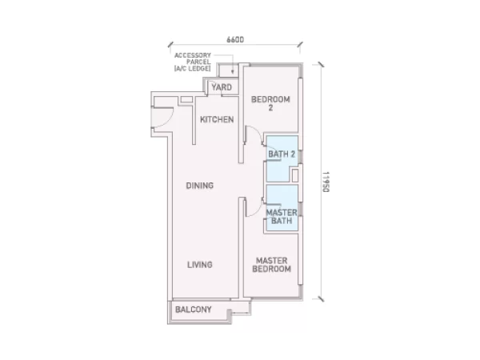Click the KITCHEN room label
[217, 119]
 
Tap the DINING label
[199, 186]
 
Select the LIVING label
[199, 265]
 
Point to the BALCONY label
[193, 310]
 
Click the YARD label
[222, 87]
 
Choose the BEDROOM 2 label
[270, 103]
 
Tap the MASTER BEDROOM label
[271, 265]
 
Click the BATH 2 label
[282, 154]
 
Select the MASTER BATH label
[282, 217]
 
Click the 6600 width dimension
[235, 40]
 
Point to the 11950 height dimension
[326, 182]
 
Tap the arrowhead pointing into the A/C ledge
[233, 72]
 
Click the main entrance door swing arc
[168, 122]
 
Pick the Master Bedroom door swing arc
[256, 213]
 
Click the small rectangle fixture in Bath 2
[294, 176]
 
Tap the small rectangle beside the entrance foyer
[186, 99]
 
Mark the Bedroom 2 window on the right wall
[300, 114]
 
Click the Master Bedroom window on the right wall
[300, 250]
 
